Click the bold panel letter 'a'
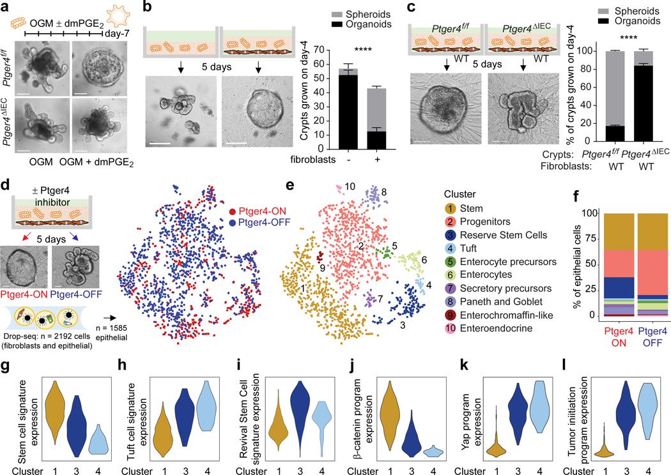[x=6, y=7]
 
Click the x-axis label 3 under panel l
[x=629, y=468]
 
